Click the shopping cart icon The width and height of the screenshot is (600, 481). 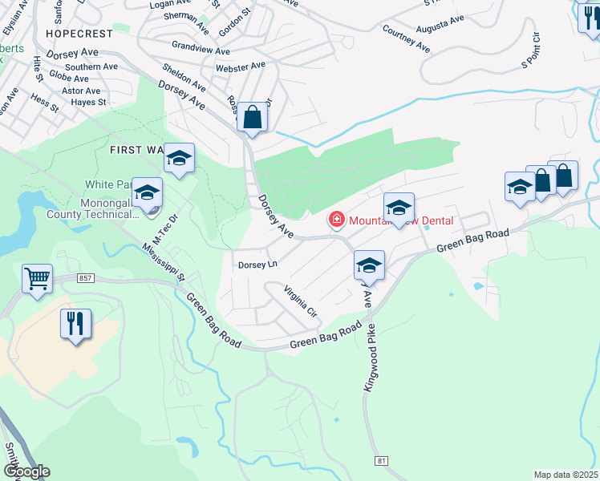pyautogui.click(x=38, y=279)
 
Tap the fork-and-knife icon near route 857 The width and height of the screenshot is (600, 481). pyautogui.click(x=76, y=323)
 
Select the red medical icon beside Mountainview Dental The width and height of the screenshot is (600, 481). pyautogui.click(x=336, y=220)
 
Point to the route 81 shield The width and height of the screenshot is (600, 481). pyautogui.click(x=383, y=460)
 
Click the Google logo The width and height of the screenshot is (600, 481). pyautogui.click(x=26, y=471)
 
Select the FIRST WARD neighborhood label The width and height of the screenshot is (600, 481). pyautogui.click(x=135, y=150)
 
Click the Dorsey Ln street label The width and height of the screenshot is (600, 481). pyautogui.click(x=257, y=264)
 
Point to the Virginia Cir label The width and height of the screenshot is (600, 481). pyautogui.click(x=300, y=302)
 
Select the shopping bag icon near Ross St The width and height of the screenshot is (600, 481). pyautogui.click(x=252, y=117)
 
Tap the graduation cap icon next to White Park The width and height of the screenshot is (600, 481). pyautogui.click(x=148, y=192)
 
